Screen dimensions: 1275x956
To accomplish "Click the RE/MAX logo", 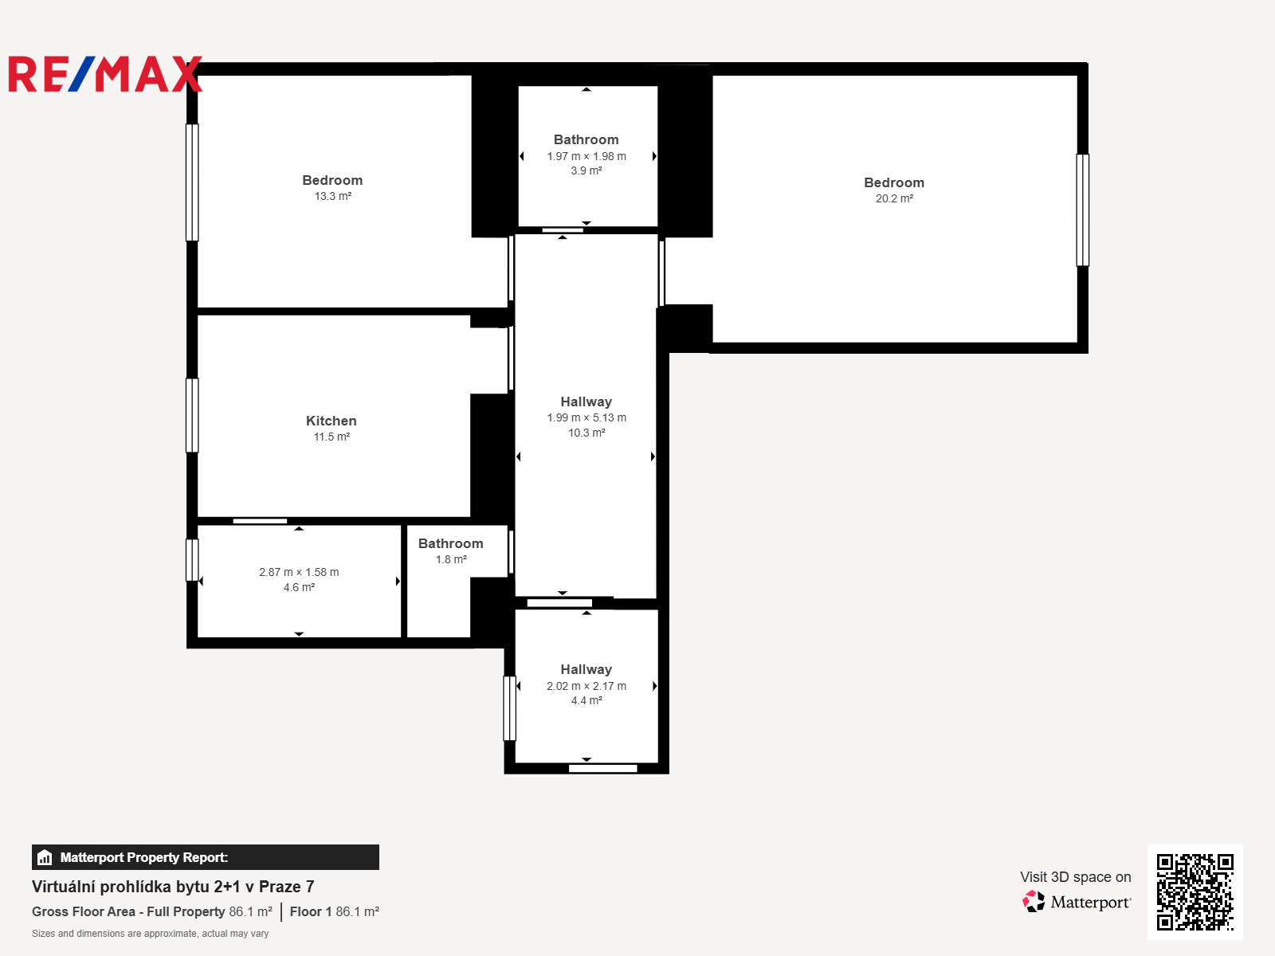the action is click(105, 74).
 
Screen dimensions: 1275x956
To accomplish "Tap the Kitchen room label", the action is click(331, 421).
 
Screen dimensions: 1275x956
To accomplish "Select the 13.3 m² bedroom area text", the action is click(333, 196).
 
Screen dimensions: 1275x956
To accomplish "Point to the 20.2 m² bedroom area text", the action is click(895, 198).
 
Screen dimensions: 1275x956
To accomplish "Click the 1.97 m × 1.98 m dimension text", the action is click(586, 156).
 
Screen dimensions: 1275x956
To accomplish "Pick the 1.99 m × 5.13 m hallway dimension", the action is click(586, 417).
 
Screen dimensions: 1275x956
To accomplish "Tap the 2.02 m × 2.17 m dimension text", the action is click(586, 686).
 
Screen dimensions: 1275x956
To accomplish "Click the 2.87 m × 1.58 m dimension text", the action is click(299, 572).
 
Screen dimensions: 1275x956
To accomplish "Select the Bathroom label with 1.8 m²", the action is click(451, 544).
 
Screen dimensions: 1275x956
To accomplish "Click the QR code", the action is click(1195, 892).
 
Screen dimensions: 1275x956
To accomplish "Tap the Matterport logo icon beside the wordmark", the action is click(1034, 902).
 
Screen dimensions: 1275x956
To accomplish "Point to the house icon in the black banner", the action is click(45, 857).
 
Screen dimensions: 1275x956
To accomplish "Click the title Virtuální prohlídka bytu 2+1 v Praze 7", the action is click(172, 887).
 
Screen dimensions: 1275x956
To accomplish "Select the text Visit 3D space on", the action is click(1076, 877).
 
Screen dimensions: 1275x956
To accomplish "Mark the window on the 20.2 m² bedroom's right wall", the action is click(1083, 210).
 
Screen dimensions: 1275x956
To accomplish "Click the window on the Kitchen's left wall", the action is click(192, 416).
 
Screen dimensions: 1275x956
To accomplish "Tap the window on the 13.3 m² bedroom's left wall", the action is click(192, 182).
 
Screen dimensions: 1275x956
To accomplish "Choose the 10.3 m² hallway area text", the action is click(586, 433).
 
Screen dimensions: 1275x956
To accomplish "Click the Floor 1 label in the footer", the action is click(311, 912).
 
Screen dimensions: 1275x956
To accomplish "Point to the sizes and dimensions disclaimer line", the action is click(150, 934).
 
